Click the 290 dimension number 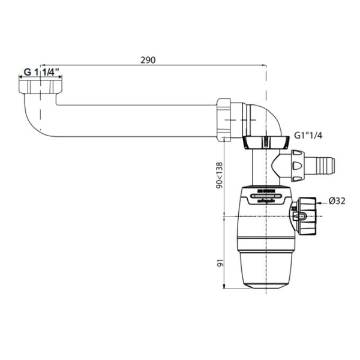pos(148,60)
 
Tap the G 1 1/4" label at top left pos(43,72)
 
